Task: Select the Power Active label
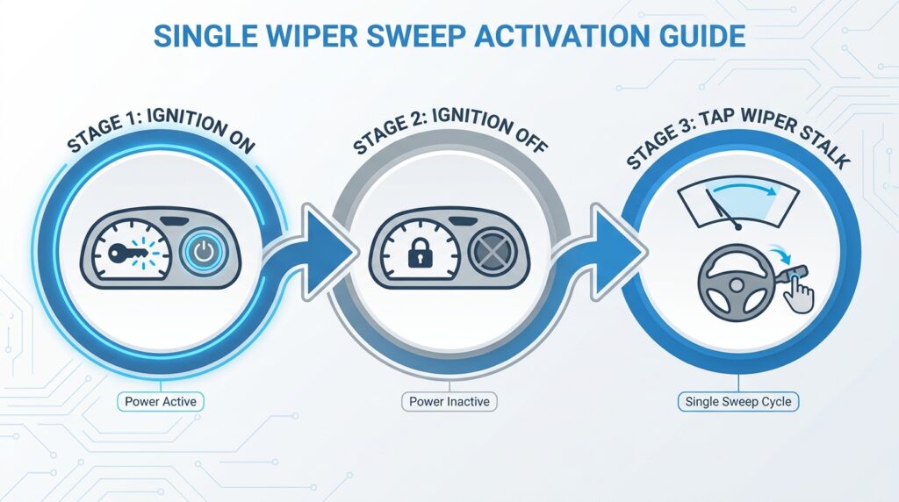(x=160, y=402)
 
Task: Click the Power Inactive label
(x=450, y=402)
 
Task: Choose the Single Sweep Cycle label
(x=737, y=402)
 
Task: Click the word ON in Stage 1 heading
(x=237, y=141)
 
